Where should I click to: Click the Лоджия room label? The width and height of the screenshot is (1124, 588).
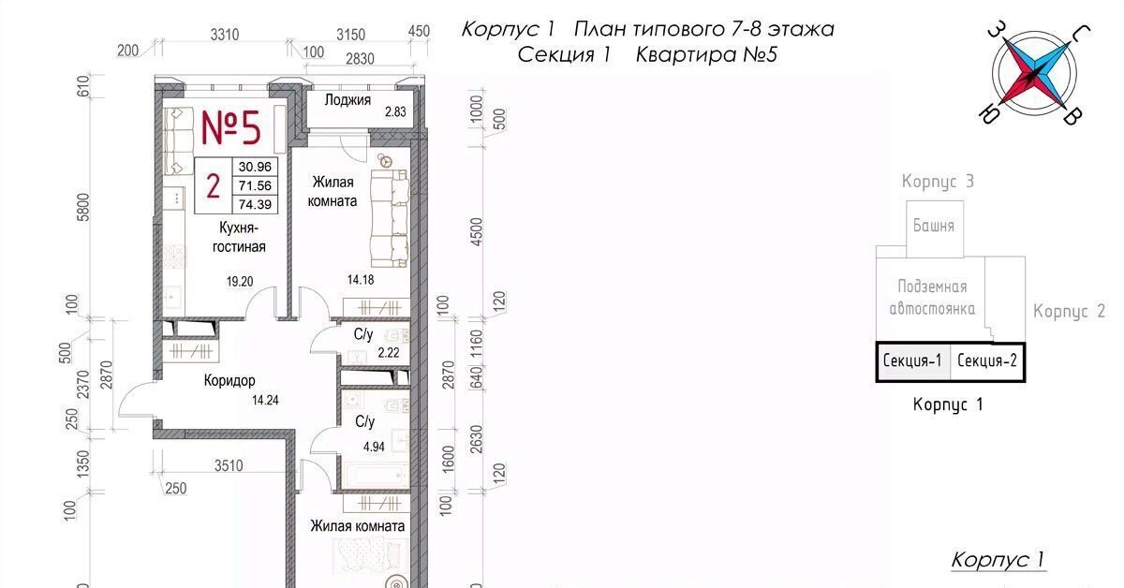tap(348, 100)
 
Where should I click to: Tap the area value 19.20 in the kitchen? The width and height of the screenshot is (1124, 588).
tap(240, 282)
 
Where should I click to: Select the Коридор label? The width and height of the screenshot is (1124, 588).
tap(229, 381)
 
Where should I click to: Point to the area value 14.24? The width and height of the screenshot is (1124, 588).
tap(265, 401)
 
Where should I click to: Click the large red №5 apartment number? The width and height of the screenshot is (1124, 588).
tap(230, 127)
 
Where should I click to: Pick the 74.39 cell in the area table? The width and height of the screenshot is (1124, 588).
tap(255, 205)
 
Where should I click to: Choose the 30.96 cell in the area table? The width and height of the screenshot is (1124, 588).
tap(255, 167)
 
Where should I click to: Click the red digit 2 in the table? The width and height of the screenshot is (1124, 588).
tap(214, 186)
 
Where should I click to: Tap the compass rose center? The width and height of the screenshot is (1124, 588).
tap(1034, 75)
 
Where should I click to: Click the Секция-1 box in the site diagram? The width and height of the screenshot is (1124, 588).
tap(913, 361)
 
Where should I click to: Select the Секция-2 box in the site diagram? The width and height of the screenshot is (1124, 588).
tap(987, 361)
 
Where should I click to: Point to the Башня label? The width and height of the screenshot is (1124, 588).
tap(933, 226)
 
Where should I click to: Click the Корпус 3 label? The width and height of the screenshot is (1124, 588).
tap(938, 181)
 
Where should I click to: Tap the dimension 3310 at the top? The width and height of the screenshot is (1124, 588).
tap(224, 35)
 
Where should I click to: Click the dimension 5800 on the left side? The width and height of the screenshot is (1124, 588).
tap(83, 207)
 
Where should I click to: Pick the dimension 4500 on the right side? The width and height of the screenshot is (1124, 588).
tap(476, 232)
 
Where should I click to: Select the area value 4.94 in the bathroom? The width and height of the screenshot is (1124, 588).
tap(374, 446)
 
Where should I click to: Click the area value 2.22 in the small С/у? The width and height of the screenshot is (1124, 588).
tap(389, 353)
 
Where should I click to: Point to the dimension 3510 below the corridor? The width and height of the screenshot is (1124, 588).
tap(229, 466)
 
